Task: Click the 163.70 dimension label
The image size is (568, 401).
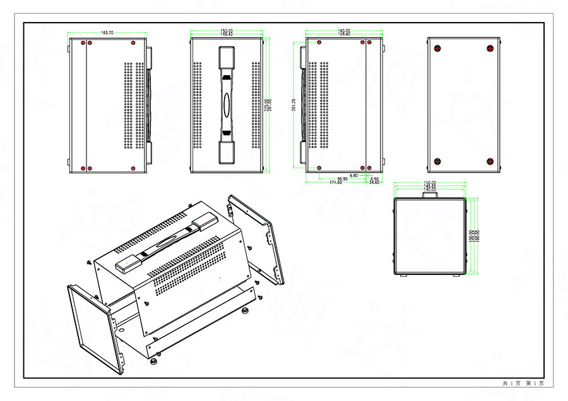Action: (x=107, y=33)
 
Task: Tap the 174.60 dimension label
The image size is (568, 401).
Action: (x=336, y=183)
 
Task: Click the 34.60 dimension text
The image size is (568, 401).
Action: (x=375, y=182)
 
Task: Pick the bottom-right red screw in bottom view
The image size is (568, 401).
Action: (x=490, y=161)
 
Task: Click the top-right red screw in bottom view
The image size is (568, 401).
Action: (x=490, y=48)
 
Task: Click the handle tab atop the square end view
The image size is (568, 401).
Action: (x=430, y=195)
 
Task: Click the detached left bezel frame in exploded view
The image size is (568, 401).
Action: (x=92, y=328)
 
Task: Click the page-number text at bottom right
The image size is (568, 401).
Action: (x=523, y=383)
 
